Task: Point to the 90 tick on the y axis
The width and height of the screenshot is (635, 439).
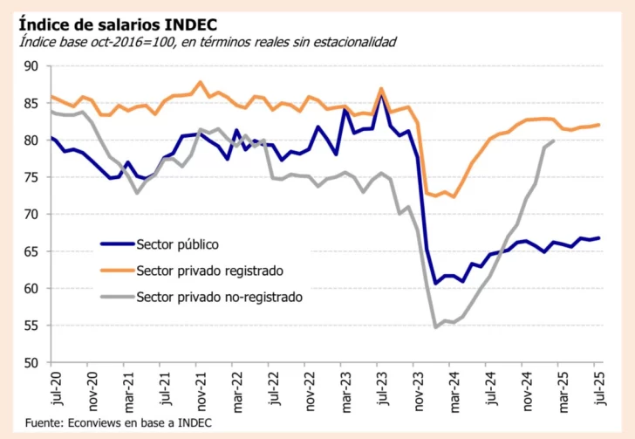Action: pos(31,66)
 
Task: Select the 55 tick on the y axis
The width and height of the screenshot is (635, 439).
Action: pos(31,326)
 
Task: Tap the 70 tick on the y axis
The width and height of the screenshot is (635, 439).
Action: pos(31,215)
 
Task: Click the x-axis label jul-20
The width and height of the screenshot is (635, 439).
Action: pos(54,389)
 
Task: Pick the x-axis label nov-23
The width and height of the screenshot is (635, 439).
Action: pos(418,389)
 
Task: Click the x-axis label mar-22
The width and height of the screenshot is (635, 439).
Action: pos(236,389)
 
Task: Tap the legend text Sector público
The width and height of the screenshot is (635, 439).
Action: pos(177,244)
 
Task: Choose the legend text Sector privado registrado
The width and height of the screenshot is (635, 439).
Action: pos(209,270)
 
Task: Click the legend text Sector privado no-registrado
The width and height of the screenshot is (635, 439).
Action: pos(219,297)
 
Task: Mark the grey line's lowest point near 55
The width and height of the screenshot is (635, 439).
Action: pos(436,326)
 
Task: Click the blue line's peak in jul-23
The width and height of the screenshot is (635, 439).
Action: pos(381,96)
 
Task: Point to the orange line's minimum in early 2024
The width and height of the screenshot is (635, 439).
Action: pos(454,196)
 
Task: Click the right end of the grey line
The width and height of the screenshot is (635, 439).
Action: pos(555,141)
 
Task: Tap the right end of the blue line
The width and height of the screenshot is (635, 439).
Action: pos(598,238)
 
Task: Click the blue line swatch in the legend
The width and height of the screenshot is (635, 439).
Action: pos(117,244)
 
